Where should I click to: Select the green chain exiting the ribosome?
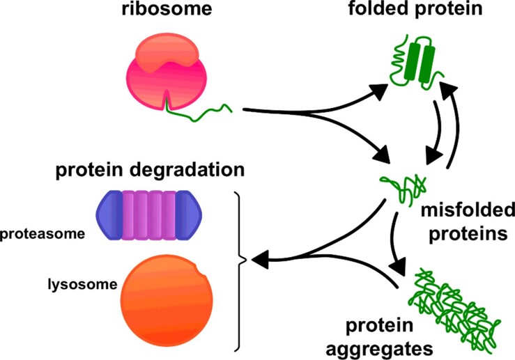click(x=202, y=110)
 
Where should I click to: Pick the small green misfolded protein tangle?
click(x=401, y=189)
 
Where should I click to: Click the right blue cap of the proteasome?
click(x=191, y=214)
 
